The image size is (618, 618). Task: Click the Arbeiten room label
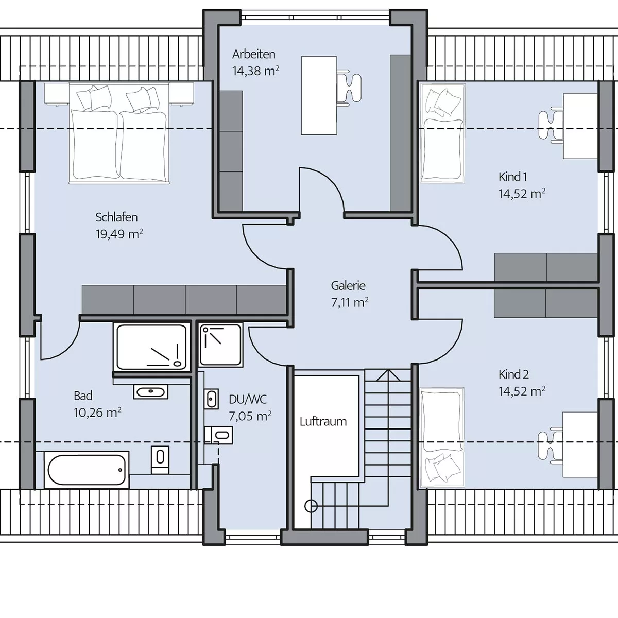click(254, 54)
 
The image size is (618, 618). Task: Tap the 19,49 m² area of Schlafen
click(119, 234)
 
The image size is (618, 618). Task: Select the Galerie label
click(348, 285)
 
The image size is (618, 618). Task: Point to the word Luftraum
click(323, 421)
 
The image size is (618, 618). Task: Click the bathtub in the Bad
click(87, 470)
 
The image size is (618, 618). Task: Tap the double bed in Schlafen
click(119, 133)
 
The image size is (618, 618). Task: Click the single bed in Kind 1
click(442, 134)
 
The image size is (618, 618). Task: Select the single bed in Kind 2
click(442, 438)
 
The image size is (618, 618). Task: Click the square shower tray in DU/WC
click(220, 345)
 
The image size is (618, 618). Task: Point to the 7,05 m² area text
click(250, 416)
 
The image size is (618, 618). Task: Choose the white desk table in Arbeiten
click(319, 96)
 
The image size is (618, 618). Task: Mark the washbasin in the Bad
click(151, 391)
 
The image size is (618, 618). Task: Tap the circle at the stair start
click(311, 506)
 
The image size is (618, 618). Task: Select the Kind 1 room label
click(513, 177)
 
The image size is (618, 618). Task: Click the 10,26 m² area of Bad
click(97, 413)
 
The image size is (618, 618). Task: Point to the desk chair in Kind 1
click(551, 125)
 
